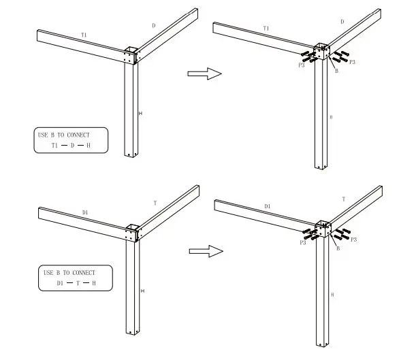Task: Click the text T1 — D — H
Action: (x=71, y=146)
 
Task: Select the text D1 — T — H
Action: (x=76, y=282)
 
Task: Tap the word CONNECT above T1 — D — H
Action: (x=78, y=135)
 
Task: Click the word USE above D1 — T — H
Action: (x=48, y=272)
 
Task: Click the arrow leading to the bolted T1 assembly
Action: (x=205, y=73)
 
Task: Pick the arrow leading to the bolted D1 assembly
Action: (x=206, y=251)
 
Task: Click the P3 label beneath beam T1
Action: (x=300, y=65)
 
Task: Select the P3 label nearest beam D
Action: (x=353, y=62)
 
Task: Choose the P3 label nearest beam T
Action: (x=353, y=240)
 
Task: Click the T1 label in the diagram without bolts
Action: (x=84, y=34)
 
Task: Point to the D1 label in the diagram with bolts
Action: (x=267, y=206)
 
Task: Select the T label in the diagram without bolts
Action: (x=155, y=203)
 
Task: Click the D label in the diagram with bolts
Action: (x=342, y=22)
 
